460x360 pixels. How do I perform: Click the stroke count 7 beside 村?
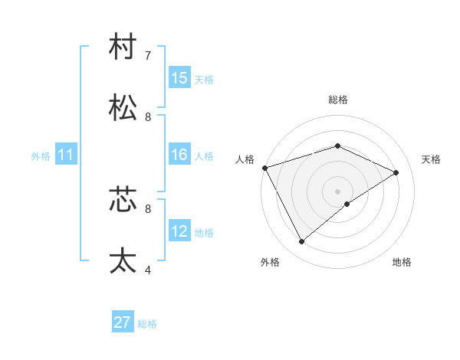[x=148, y=56]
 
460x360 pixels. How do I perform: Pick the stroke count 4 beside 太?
[x=148, y=270]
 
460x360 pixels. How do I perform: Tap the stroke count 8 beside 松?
[x=148, y=117]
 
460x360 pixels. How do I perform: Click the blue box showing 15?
[x=179, y=78]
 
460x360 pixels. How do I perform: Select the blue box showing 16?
[x=179, y=155]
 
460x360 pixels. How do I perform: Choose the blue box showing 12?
[x=179, y=231]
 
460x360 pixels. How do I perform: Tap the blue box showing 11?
[x=66, y=155]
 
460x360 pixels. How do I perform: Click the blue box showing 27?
[x=123, y=322]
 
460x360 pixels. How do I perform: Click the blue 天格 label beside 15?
[x=204, y=80]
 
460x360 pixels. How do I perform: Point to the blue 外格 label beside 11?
[x=41, y=156]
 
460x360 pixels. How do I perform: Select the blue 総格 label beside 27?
[x=147, y=324]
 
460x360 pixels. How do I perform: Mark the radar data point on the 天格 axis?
[x=396, y=172]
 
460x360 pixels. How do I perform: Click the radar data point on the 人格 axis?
[x=264, y=168]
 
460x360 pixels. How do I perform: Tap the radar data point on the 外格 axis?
[x=302, y=242]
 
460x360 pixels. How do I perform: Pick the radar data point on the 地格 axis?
[x=347, y=204]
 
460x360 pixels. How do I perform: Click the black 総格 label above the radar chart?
[x=338, y=100]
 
